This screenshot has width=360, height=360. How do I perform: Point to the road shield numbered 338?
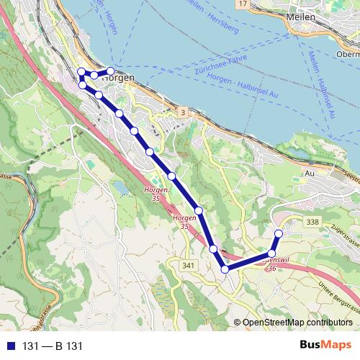312,222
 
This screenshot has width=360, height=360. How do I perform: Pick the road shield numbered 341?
189,266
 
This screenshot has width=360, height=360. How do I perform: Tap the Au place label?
311,174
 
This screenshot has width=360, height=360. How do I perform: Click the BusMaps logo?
326,345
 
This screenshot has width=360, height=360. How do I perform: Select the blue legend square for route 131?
10,346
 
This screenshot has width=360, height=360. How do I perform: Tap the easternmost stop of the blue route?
279,233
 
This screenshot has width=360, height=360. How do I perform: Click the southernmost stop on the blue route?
225,269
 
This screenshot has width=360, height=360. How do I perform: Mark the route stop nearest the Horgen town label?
111,71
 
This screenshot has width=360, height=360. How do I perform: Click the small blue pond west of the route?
119,187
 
